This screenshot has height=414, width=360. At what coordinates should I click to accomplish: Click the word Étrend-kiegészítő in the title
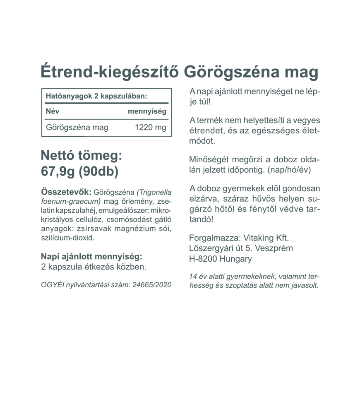coord(110,72)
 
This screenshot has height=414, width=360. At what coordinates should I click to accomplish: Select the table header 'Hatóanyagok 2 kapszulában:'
coord(96,96)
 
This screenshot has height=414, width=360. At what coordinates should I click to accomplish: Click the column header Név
coord(53,111)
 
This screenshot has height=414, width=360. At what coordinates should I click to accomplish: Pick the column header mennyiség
coord(147,111)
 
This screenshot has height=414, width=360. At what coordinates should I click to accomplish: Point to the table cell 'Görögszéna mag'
coord(77,128)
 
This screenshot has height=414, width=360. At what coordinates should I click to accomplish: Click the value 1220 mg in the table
coord(151,128)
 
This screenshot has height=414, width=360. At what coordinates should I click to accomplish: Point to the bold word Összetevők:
coord(66,193)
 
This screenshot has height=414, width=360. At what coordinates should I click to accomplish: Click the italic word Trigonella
coord(155,193)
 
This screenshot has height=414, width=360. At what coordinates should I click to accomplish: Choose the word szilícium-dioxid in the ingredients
coord(68,238)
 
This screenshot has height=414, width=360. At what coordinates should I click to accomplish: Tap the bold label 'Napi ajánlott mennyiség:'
coord(91,257)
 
